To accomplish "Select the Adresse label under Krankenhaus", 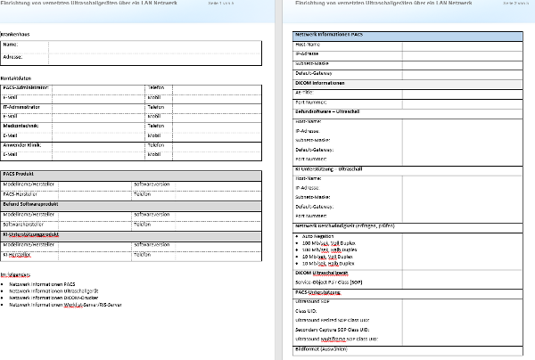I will coord(13,55).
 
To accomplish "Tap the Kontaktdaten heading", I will coord(18,78).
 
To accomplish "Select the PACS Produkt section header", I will coord(20,174).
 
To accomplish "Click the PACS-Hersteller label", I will coord(22,193).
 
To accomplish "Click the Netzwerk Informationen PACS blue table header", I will coord(329,35).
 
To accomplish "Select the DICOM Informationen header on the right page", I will coord(320,83).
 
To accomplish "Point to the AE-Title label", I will coord(305,92).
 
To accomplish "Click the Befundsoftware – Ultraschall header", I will coord(333,111).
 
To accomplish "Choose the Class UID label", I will coord(308,312).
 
